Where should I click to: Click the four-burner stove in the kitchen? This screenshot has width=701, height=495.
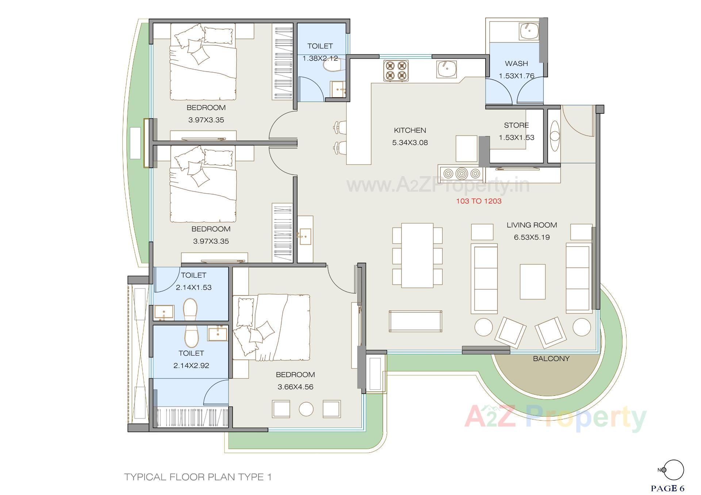396,70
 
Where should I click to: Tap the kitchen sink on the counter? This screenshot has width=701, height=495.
446,69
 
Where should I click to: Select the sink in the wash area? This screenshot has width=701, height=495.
529,31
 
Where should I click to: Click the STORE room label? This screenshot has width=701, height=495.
516,125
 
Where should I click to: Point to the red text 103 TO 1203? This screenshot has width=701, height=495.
479,201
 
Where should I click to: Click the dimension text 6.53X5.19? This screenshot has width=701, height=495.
532,237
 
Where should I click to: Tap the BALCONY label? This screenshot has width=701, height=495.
551,359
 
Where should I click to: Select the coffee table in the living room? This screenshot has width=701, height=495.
533,282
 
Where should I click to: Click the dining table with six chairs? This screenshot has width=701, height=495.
417,255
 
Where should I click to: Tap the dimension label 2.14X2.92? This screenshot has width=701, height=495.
191,366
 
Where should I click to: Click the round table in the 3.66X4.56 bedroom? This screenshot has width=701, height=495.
306,409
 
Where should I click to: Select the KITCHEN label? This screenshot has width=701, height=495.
410,130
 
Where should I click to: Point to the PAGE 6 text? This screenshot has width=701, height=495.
667,488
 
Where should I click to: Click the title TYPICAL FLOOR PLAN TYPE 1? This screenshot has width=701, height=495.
198,477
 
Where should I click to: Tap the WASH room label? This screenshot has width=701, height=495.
516,63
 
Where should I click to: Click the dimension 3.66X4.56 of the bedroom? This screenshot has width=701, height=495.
295,387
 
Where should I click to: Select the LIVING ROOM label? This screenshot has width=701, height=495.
532,225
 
